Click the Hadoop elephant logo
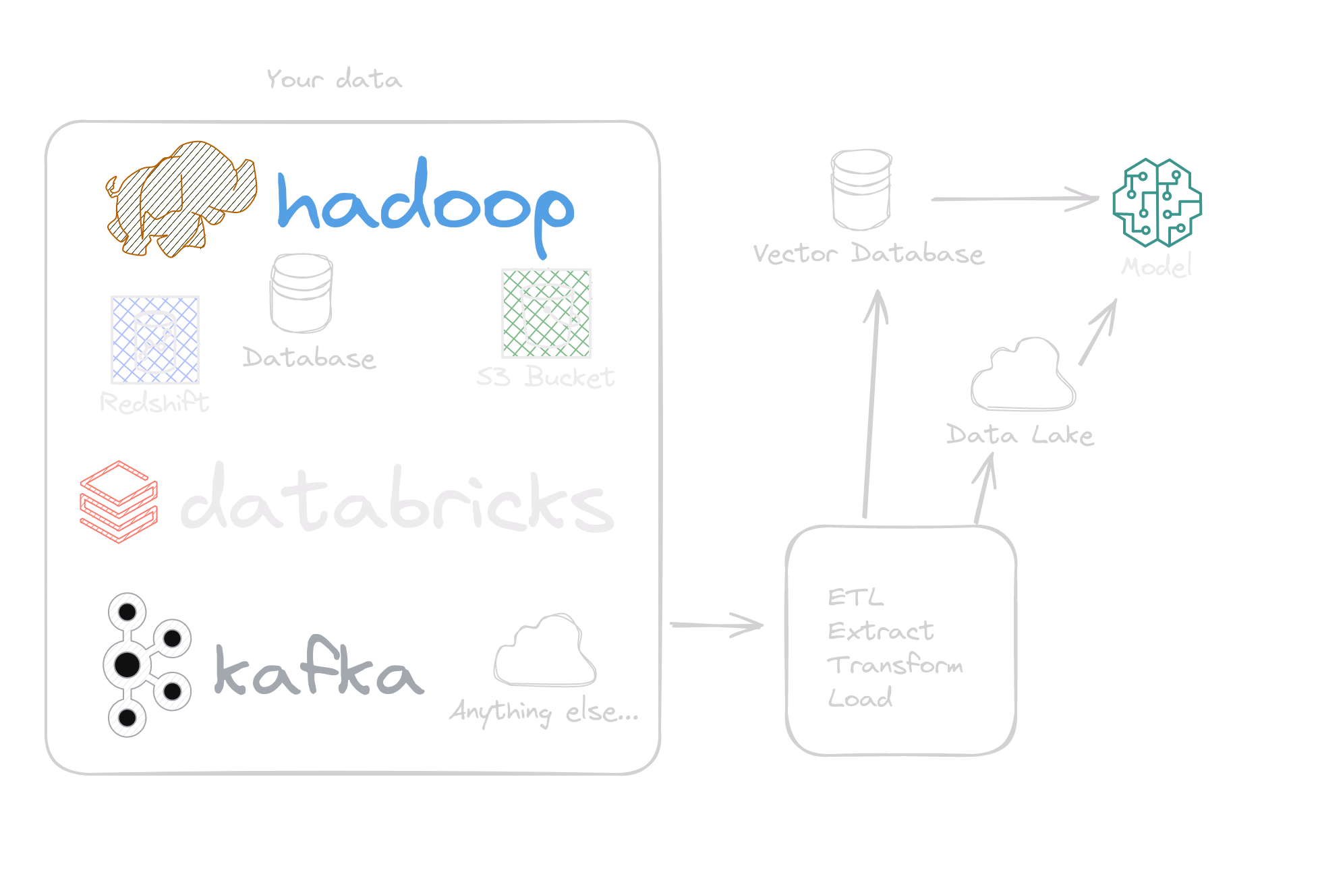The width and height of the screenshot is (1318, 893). pos(181,199)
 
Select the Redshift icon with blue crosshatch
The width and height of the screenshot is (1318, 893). pos(155,340)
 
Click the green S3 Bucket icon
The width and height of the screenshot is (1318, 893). pos(546,313)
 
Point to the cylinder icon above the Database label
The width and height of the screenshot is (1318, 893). pos(301,293)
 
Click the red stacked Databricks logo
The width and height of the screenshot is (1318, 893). pos(119,501)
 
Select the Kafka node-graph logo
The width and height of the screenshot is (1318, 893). pos(146,665)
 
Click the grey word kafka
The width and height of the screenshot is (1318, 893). pos(318,669)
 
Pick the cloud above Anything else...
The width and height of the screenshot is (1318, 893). pos(545,651)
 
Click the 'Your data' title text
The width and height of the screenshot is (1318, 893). pos(334,80)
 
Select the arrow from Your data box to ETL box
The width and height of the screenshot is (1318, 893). pos(716,625)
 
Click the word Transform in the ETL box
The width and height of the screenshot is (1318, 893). pos(895,665)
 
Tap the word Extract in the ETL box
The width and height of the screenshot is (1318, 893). pos(880,631)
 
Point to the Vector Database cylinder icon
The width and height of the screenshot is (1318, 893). pos(861,190)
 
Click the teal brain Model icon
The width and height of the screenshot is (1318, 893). pos(1157,202)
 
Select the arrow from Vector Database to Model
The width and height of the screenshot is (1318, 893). pos(1015,199)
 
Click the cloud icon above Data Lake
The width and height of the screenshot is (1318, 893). pos(1023,375)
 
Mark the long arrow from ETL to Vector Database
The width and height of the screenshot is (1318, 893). pos(871,405)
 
